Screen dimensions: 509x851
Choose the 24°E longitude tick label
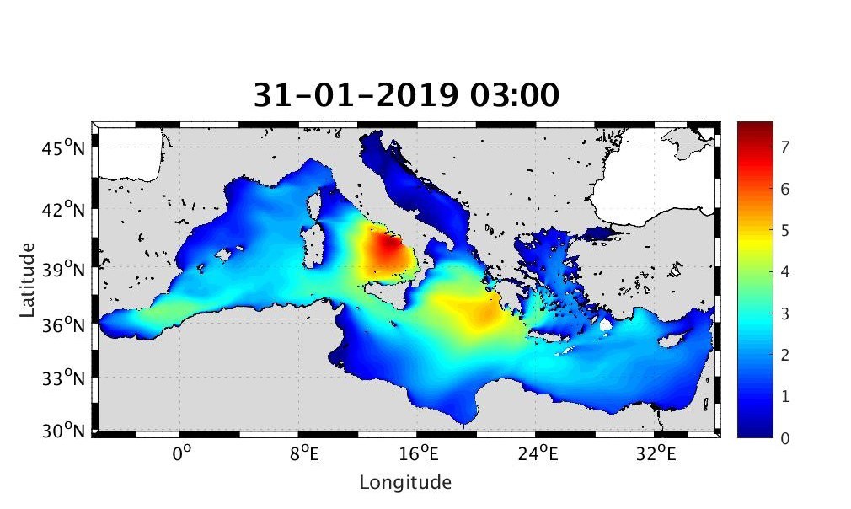point(538,455)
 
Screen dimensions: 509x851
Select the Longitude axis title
point(405,483)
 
